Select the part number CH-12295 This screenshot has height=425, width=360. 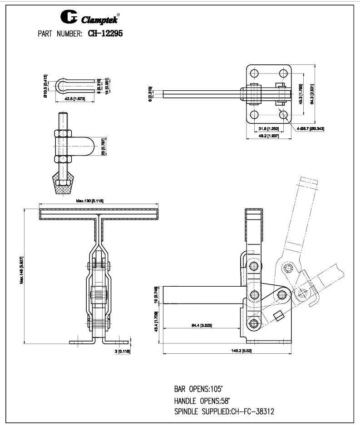coord(103,33)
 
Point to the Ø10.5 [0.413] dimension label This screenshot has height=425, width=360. coord(45,86)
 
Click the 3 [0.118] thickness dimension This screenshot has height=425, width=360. coord(123,351)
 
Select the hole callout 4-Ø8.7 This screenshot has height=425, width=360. coord(311,129)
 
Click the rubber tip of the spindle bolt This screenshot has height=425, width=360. coord(63,186)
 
